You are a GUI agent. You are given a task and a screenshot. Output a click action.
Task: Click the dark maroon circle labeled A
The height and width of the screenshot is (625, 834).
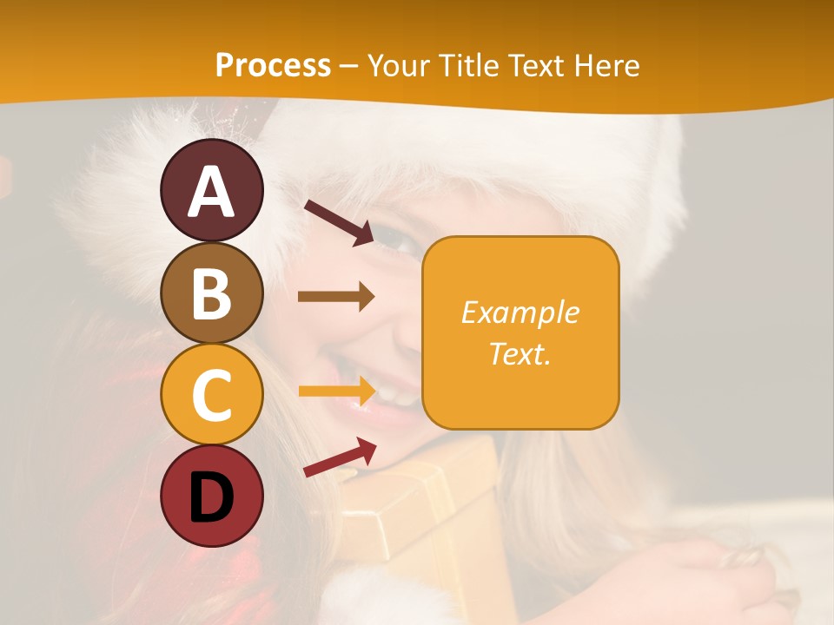pos(211,190)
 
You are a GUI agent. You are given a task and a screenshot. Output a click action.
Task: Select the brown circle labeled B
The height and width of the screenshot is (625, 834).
pos(211,293)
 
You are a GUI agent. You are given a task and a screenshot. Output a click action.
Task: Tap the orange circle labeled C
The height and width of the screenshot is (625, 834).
pos(211,395)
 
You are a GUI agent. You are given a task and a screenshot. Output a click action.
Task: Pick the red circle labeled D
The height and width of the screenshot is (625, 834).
pos(211,497)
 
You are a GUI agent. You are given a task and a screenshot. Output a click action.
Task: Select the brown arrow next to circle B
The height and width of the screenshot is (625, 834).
pos(336,297)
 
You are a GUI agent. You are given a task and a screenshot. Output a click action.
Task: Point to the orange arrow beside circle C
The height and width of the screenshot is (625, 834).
pos(336,391)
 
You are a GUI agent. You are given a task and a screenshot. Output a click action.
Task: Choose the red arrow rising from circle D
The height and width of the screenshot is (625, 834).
pos(340,457)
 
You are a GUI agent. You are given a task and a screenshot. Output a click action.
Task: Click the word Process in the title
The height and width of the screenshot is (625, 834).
pos(273,66)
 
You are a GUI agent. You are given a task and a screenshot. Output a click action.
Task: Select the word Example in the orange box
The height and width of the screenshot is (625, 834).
pos(520,312)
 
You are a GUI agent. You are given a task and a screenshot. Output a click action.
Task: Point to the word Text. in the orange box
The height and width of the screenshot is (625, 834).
pos(520,353)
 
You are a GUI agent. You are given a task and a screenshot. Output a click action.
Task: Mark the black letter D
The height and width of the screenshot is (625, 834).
pos(211,498)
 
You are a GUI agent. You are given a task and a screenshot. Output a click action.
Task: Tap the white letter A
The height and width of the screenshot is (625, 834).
pos(211,192)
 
